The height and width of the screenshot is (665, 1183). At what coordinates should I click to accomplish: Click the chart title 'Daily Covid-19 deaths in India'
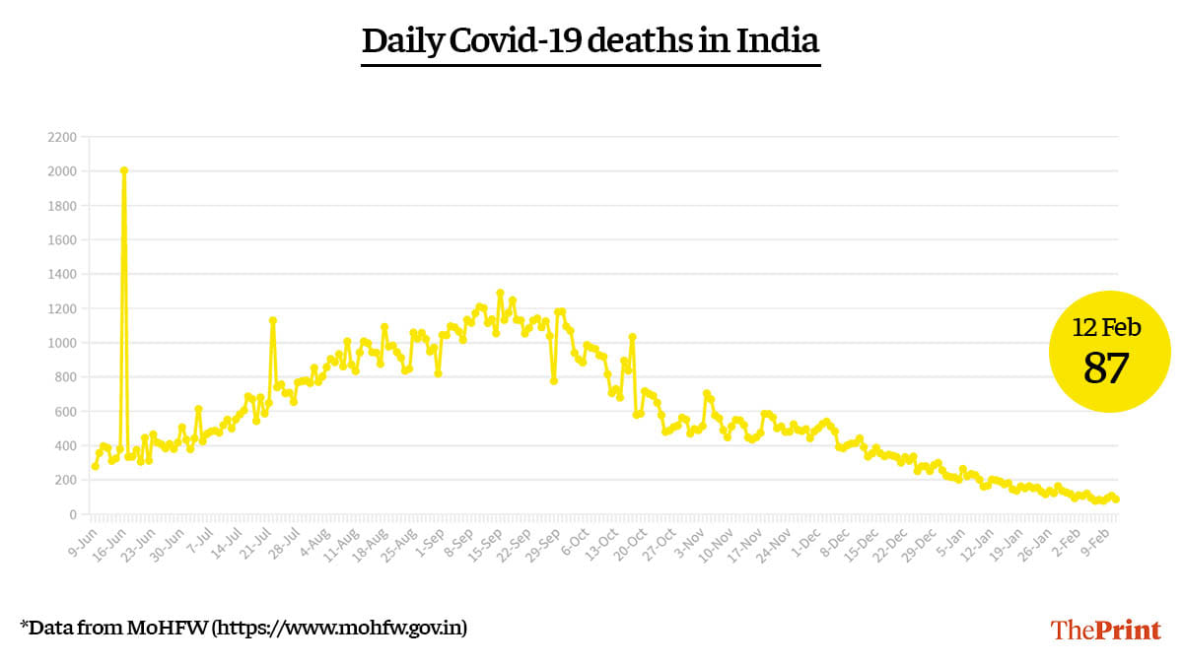coord(591,42)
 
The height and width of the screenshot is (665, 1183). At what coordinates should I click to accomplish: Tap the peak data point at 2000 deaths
coord(124,170)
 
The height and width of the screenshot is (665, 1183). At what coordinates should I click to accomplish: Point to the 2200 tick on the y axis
coord(62,137)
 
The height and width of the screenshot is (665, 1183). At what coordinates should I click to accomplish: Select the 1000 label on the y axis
coord(62,343)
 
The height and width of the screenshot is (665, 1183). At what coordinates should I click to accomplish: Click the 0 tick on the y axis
coord(73,514)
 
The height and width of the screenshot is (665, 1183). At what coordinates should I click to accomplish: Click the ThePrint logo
coord(1105,630)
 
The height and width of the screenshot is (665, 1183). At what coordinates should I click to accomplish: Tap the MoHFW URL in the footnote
coord(340,627)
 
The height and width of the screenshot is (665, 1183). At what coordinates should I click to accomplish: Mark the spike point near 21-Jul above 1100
coord(272,320)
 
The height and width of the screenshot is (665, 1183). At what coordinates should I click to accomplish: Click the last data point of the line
coord(1116,499)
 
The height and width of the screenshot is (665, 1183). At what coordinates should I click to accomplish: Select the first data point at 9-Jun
coord(95,466)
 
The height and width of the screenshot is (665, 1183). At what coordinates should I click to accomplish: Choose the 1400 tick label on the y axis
coord(62,274)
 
